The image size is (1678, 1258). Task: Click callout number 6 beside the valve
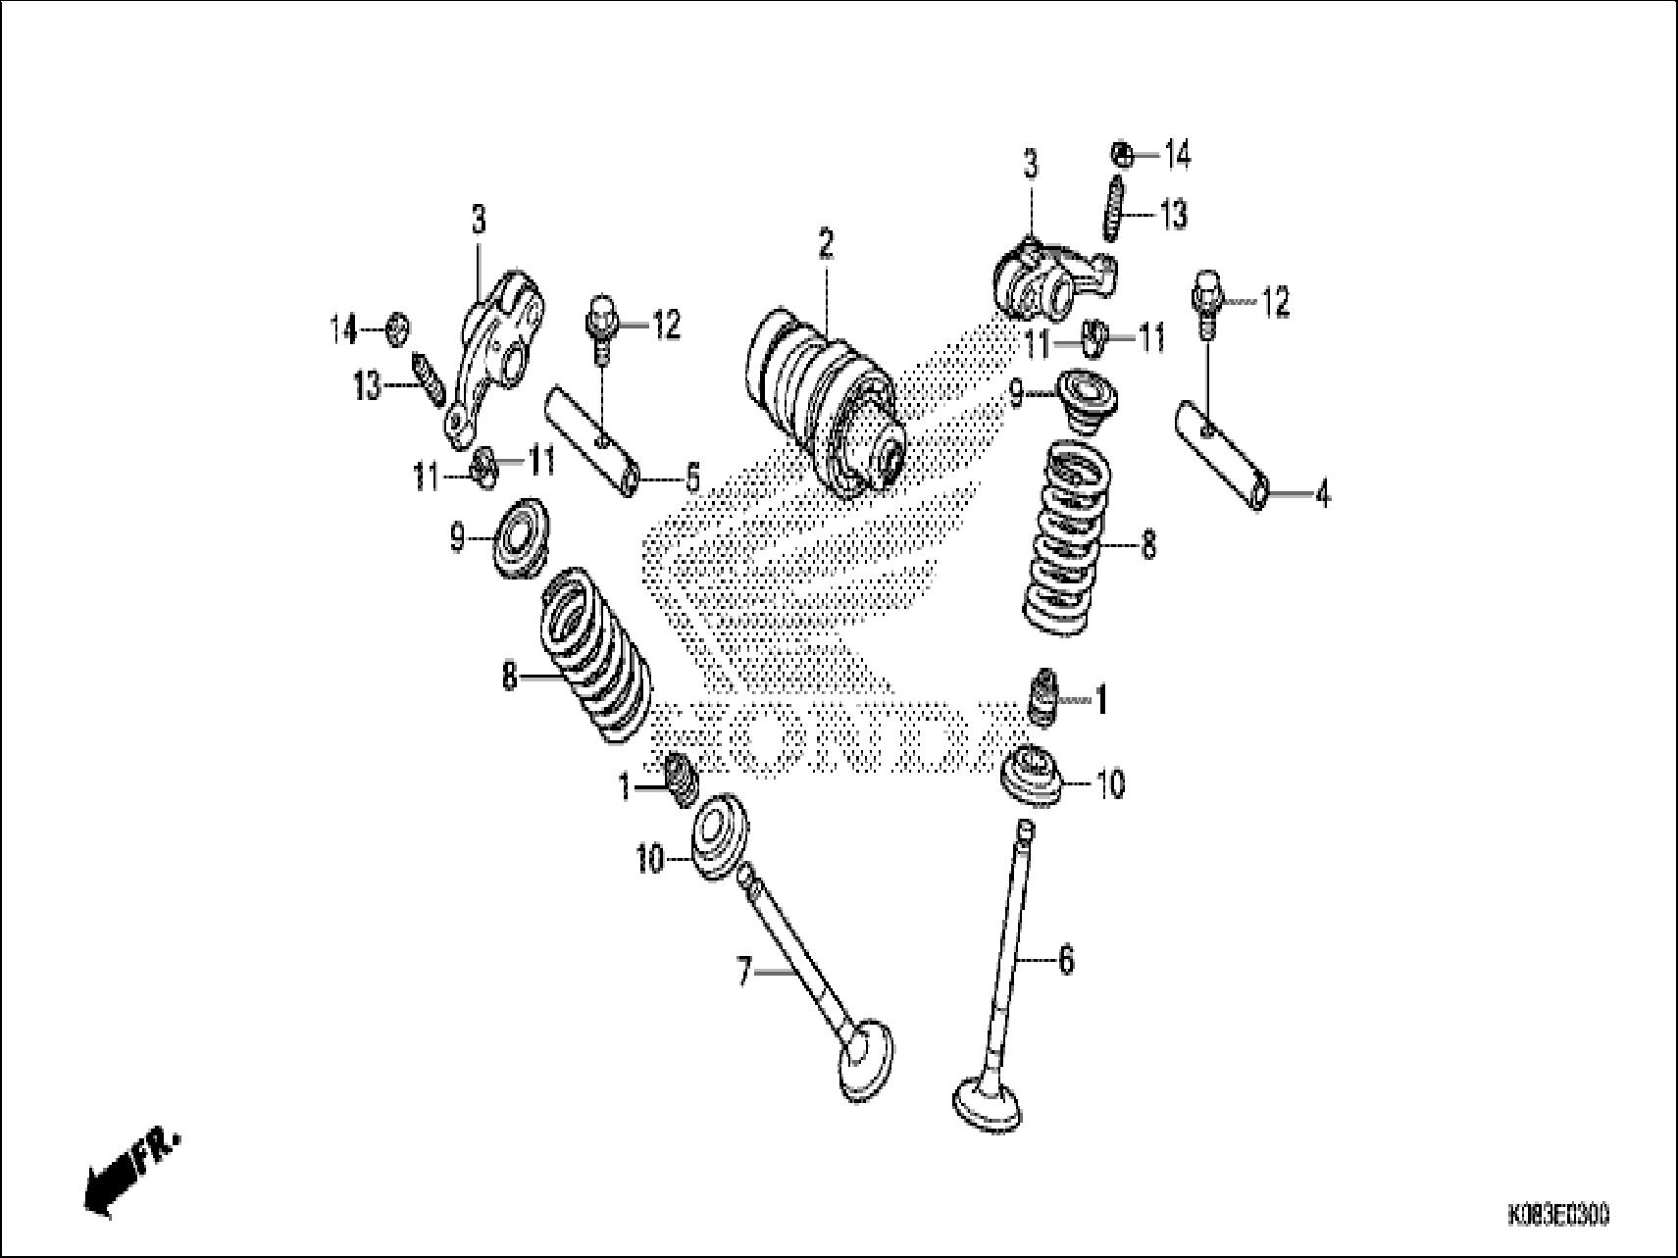1066,959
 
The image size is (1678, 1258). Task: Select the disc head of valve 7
868,1061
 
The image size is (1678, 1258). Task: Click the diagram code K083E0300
1557,1217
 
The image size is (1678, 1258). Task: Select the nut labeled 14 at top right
1123,154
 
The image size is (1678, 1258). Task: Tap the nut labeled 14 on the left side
397,328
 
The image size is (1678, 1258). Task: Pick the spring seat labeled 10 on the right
1031,778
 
